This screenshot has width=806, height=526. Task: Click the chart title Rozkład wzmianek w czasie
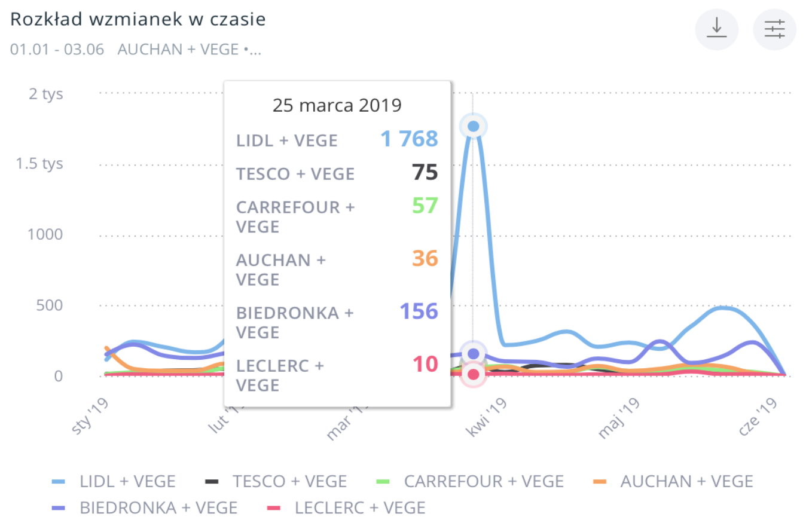tap(138, 19)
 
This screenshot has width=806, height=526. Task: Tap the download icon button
tap(716, 29)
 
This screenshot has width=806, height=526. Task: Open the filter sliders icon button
tap(774, 29)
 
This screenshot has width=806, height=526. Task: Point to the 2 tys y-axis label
tap(45, 94)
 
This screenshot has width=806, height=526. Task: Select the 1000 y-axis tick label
tap(45, 234)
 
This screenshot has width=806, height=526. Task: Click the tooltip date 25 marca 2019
tap(337, 106)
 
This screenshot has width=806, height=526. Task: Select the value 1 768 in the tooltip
tap(410, 139)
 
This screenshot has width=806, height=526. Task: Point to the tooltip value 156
tap(419, 311)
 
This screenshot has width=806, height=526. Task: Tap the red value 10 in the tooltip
tap(426, 363)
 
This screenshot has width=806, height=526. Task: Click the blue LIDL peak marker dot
tap(474, 126)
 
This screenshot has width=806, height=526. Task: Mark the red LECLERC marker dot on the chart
tap(474, 374)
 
